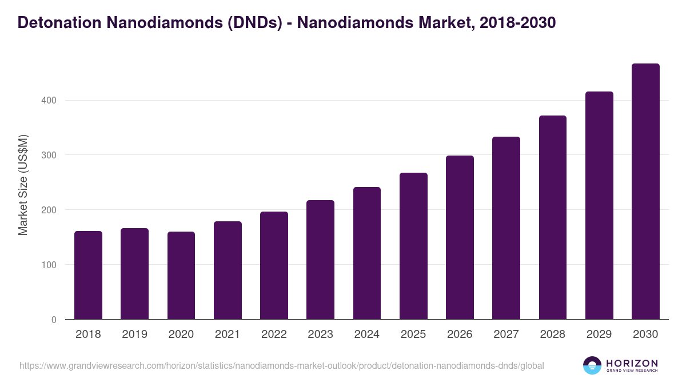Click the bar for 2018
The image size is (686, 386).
pyautogui.click(x=88, y=275)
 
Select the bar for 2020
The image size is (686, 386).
pyautogui.click(x=181, y=276)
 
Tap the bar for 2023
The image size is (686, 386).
pyautogui.click(x=320, y=260)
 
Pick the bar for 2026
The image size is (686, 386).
pyautogui.click(x=460, y=237)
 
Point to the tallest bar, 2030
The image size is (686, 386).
pyautogui.click(x=645, y=192)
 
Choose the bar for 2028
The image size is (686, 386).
pyautogui.click(x=553, y=217)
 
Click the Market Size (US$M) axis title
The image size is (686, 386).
pyautogui.click(x=23, y=185)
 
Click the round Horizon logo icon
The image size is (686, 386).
pyautogui.click(x=592, y=365)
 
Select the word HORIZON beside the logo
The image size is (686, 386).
pyautogui.click(x=632, y=363)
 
